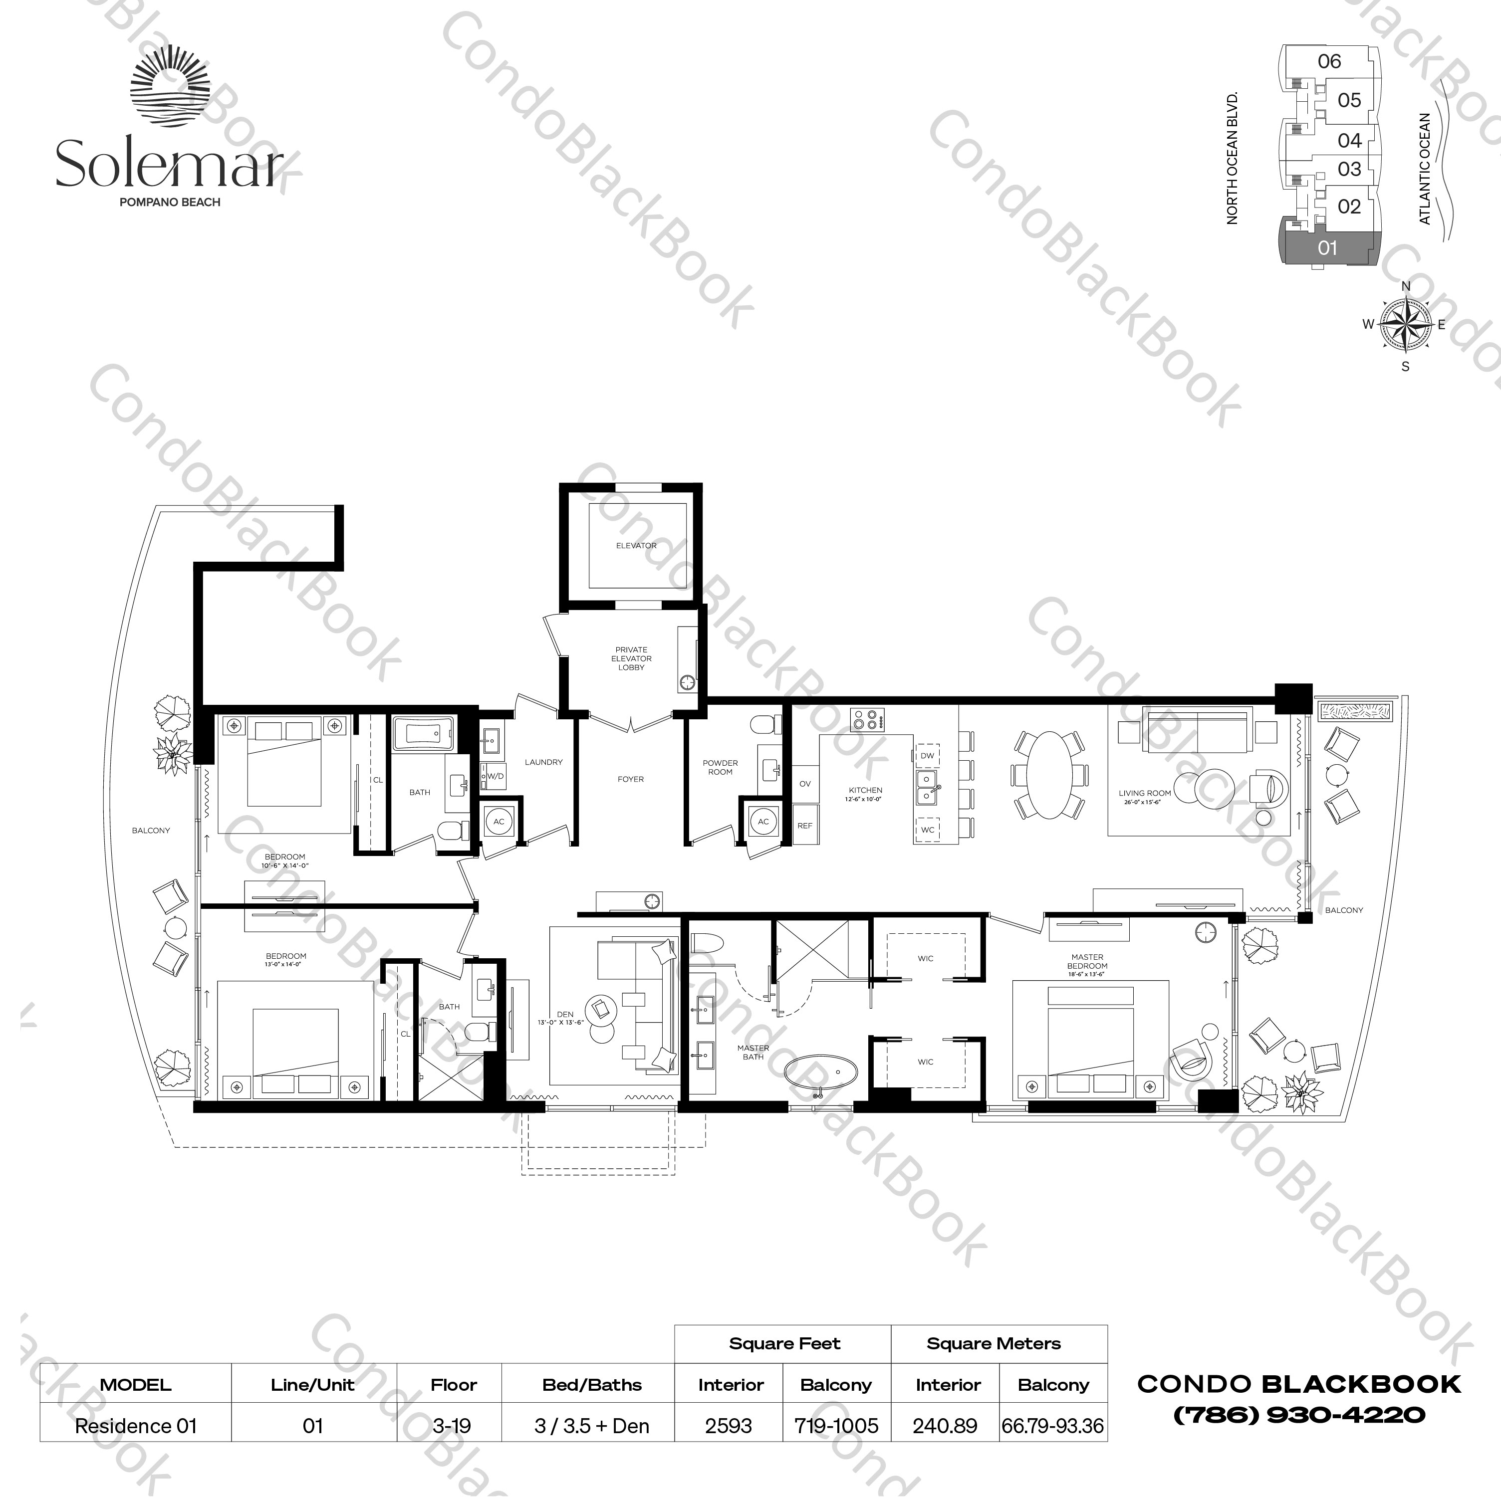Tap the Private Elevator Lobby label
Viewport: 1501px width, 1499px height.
pyautogui.click(x=631, y=658)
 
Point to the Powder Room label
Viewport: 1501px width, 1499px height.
pyautogui.click(x=720, y=767)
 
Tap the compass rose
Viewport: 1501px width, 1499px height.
pyautogui.click(x=1405, y=325)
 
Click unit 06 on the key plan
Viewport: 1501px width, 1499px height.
pyautogui.click(x=1329, y=61)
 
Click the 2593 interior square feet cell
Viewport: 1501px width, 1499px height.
pyautogui.click(x=729, y=1426)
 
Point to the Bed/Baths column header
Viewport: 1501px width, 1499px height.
pyautogui.click(x=592, y=1385)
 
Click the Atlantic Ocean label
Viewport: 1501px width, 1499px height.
pyautogui.click(x=1425, y=169)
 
